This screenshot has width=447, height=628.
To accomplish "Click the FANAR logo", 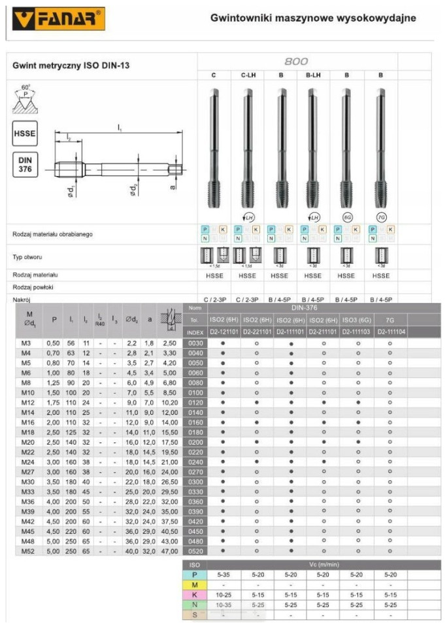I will [x=59, y=18].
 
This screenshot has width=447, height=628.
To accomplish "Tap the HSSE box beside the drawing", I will [x=25, y=133].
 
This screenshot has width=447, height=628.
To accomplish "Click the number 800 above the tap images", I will [x=297, y=61].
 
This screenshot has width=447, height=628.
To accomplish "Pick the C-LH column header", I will [x=247, y=75].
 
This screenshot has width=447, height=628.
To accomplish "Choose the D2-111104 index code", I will [x=389, y=332].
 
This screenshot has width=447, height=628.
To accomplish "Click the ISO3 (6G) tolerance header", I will [x=357, y=320].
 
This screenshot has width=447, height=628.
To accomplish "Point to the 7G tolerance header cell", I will [x=389, y=320].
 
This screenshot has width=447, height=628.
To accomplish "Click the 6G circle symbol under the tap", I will [x=346, y=217].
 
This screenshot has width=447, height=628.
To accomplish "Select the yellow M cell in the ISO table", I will [x=194, y=584].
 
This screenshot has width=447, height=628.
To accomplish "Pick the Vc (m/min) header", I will [x=323, y=564].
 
